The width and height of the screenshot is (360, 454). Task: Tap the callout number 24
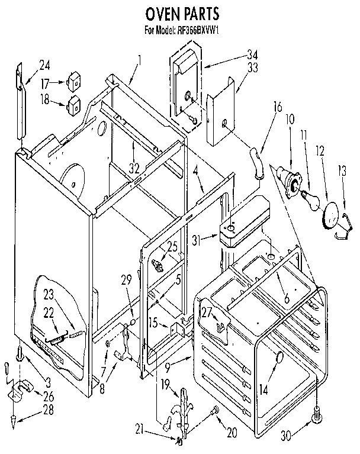coord(44,65)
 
